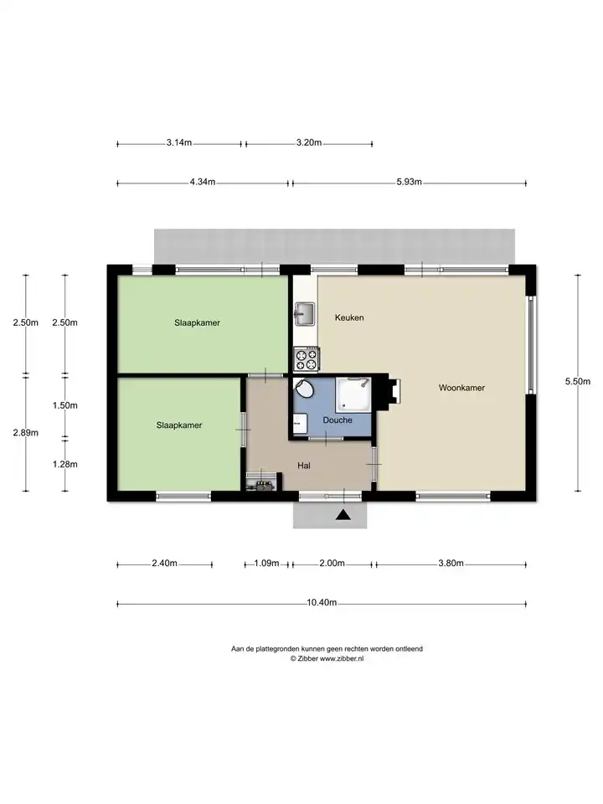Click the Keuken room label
pyautogui.click(x=349, y=317)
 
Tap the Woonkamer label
pyautogui.click(x=461, y=388)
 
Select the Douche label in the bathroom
pyautogui.click(x=338, y=420)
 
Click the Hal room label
pyautogui.click(x=304, y=466)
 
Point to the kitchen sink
pyautogui.click(x=305, y=313)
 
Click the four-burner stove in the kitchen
pyautogui.click(x=307, y=358)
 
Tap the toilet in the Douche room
pyautogui.click(x=305, y=388)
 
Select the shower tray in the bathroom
pyautogui.click(x=353, y=394)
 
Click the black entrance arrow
pyautogui.click(x=343, y=514)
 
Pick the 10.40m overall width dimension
pyautogui.click(x=322, y=602)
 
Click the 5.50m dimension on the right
pyautogui.click(x=577, y=381)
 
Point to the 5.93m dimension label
pyautogui.click(x=409, y=182)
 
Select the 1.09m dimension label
pyautogui.click(x=266, y=563)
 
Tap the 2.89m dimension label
pyautogui.click(x=26, y=432)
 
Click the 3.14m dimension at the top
pyautogui.click(x=179, y=142)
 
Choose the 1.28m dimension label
pyautogui.click(x=65, y=464)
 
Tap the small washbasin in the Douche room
pyautogui.click(x=300, y=424)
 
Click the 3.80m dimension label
pyautogui.click(x=451, y=563)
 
